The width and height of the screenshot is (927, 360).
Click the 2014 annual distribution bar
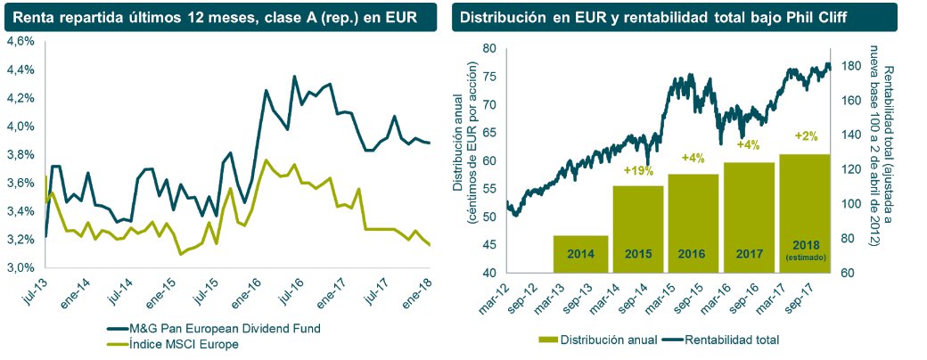pyautogui.click(x=580, y=254)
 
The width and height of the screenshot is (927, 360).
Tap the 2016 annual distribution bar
pyautogui.click(x=693, y=223)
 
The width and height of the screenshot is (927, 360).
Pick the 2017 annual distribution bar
pyautogui.click(x=750, y=217)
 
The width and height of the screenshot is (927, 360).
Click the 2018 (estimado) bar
pyautogui.click(x=806, y=214)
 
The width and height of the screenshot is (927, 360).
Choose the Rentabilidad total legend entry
pyautogui.click(x=727, y=339)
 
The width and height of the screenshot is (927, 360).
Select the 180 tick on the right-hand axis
pyautogui.click(x=851, y=66)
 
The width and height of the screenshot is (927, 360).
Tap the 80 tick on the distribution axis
pyautogui.click(x=488, y=49)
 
